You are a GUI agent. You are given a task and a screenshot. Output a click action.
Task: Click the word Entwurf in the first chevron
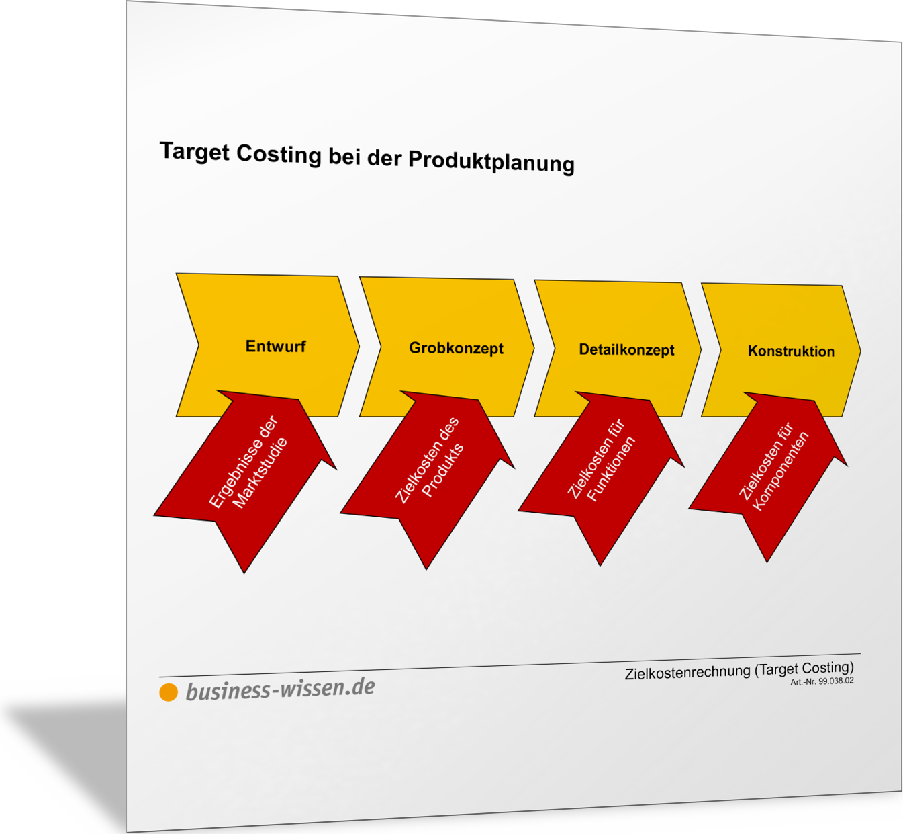pos(275,347)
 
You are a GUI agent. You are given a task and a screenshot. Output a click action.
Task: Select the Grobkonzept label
pos(456,348)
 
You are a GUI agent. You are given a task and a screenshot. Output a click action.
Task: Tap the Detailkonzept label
pos(626,349)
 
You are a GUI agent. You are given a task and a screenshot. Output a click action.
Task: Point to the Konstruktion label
pos(791,351)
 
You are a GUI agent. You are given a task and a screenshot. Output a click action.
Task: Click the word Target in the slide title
pos(195,152)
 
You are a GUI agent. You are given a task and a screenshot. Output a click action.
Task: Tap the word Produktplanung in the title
pos(491,162)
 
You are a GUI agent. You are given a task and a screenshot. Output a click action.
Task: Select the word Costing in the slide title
pos(279,155)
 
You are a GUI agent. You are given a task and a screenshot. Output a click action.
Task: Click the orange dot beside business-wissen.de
pos(169,692)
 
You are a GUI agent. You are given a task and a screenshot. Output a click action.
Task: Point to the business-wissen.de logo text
pos(281,690)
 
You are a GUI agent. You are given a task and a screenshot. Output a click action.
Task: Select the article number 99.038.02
pos(836,681)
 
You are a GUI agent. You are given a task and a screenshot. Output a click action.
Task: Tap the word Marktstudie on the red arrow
pos(260,473)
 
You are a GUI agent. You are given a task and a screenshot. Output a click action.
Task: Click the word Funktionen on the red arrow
pos(611,469)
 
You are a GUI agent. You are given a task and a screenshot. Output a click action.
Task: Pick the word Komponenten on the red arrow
pos(780,471)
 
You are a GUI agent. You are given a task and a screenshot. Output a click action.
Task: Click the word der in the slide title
pos(384,159)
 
